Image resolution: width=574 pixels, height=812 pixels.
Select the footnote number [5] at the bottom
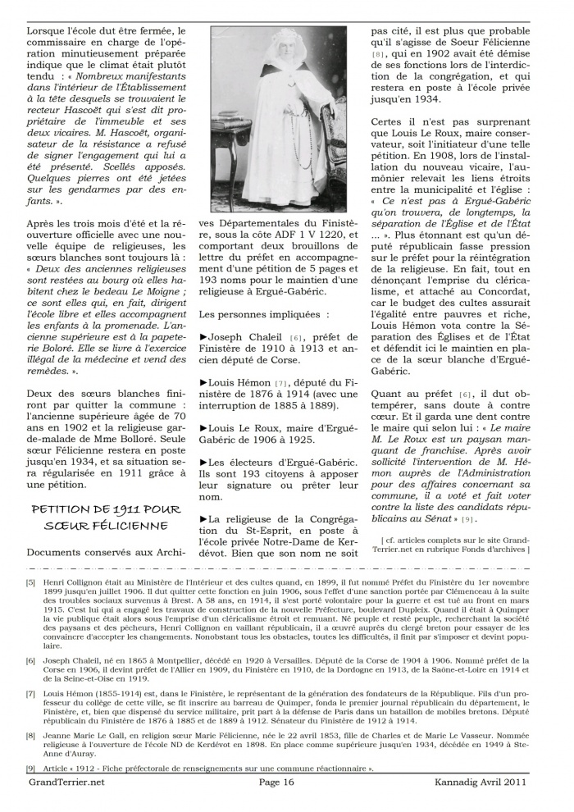(x=30, y=582)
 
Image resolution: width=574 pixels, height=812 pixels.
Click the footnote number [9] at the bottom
(x=30, y=768)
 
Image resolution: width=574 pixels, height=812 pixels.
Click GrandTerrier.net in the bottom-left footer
(x=62, y=782)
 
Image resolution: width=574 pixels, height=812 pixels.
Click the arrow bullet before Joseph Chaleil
(x=203, y=336)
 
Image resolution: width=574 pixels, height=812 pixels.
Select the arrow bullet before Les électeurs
(x=203, y=462)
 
